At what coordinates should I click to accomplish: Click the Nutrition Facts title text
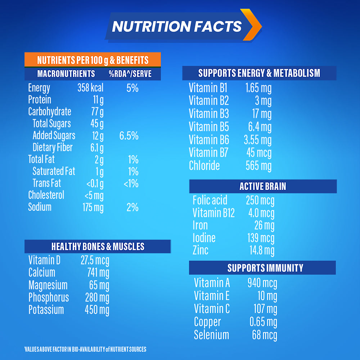[176, 26]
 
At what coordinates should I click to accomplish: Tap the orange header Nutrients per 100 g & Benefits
[93, 60]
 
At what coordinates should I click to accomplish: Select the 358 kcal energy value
[90, 88]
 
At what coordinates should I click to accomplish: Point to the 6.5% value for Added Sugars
[129, 136]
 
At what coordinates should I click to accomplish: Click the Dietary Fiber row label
[53, 148]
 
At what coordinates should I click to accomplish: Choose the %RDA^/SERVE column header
[130, 74]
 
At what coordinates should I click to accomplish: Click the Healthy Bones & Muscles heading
[98, 247]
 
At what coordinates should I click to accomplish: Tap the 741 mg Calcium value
[98, 273]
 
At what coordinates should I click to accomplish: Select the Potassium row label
[46, 310]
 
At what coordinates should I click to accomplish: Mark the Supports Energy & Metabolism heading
[259, 73]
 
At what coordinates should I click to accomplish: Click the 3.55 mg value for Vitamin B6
[257, 140]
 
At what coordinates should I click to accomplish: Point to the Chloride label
[204, 166]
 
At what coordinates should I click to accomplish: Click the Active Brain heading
[263, 186]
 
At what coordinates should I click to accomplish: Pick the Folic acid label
[210, 200]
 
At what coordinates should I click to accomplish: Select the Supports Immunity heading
[265, 268]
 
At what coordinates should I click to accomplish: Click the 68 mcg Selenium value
[264, 335]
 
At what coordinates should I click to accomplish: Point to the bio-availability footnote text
[85, 349]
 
